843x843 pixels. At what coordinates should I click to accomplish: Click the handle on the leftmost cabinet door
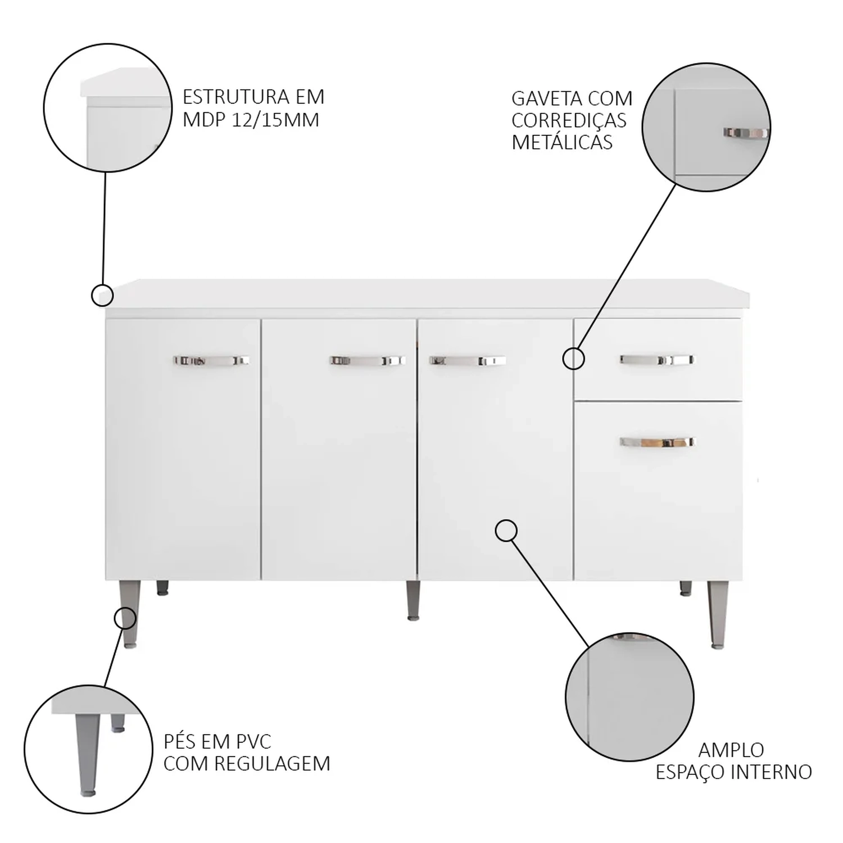click(211, 360)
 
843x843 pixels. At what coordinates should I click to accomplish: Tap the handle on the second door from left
click(368, 360)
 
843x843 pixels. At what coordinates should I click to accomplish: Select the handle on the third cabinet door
click(468, 360)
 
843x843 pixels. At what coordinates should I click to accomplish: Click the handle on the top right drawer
click(658, 360)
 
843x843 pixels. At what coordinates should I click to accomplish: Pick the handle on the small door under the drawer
click(658, 442)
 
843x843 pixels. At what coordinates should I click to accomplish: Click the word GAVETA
click(544, 98)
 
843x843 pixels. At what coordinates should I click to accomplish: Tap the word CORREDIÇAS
click(569, 121)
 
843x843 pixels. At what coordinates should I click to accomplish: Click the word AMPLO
click(731, 750)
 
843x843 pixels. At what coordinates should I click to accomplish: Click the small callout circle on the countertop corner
click(102, 295)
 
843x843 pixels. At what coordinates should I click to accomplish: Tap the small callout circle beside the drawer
click(574, 359)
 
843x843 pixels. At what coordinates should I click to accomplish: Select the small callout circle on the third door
click(506, 531)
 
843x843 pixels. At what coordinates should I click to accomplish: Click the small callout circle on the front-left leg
click(125, 618)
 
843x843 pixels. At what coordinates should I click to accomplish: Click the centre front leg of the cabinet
click(413, 600)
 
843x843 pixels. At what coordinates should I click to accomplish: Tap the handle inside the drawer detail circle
click(745, 133)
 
